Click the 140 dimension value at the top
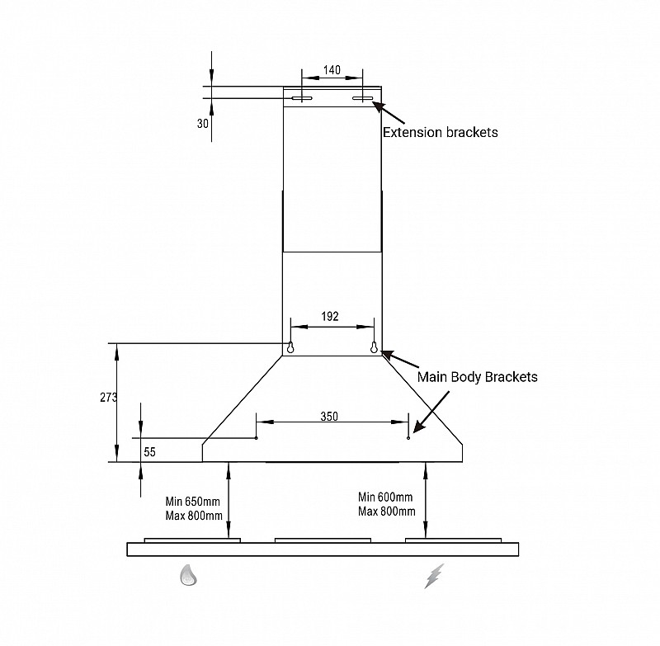(x=332, y=70)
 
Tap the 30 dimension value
(x=203, y=123)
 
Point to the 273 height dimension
(x=107, y=397)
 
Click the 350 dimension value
(x=329, y=417)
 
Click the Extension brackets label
(x=440, y=132)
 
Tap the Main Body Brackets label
(x=477, y=377)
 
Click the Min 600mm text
(x=385, y=497)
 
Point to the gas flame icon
(x=190, y=576)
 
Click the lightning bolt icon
(x=434, y=576)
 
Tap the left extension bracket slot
(x=301, y=99)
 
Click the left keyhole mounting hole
(x=290, y=347)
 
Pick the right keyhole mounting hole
(x=374, y=347)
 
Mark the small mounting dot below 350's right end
(x=408, y=437)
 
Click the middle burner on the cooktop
(x=323, y=540)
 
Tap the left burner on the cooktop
(x=192, y=540)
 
